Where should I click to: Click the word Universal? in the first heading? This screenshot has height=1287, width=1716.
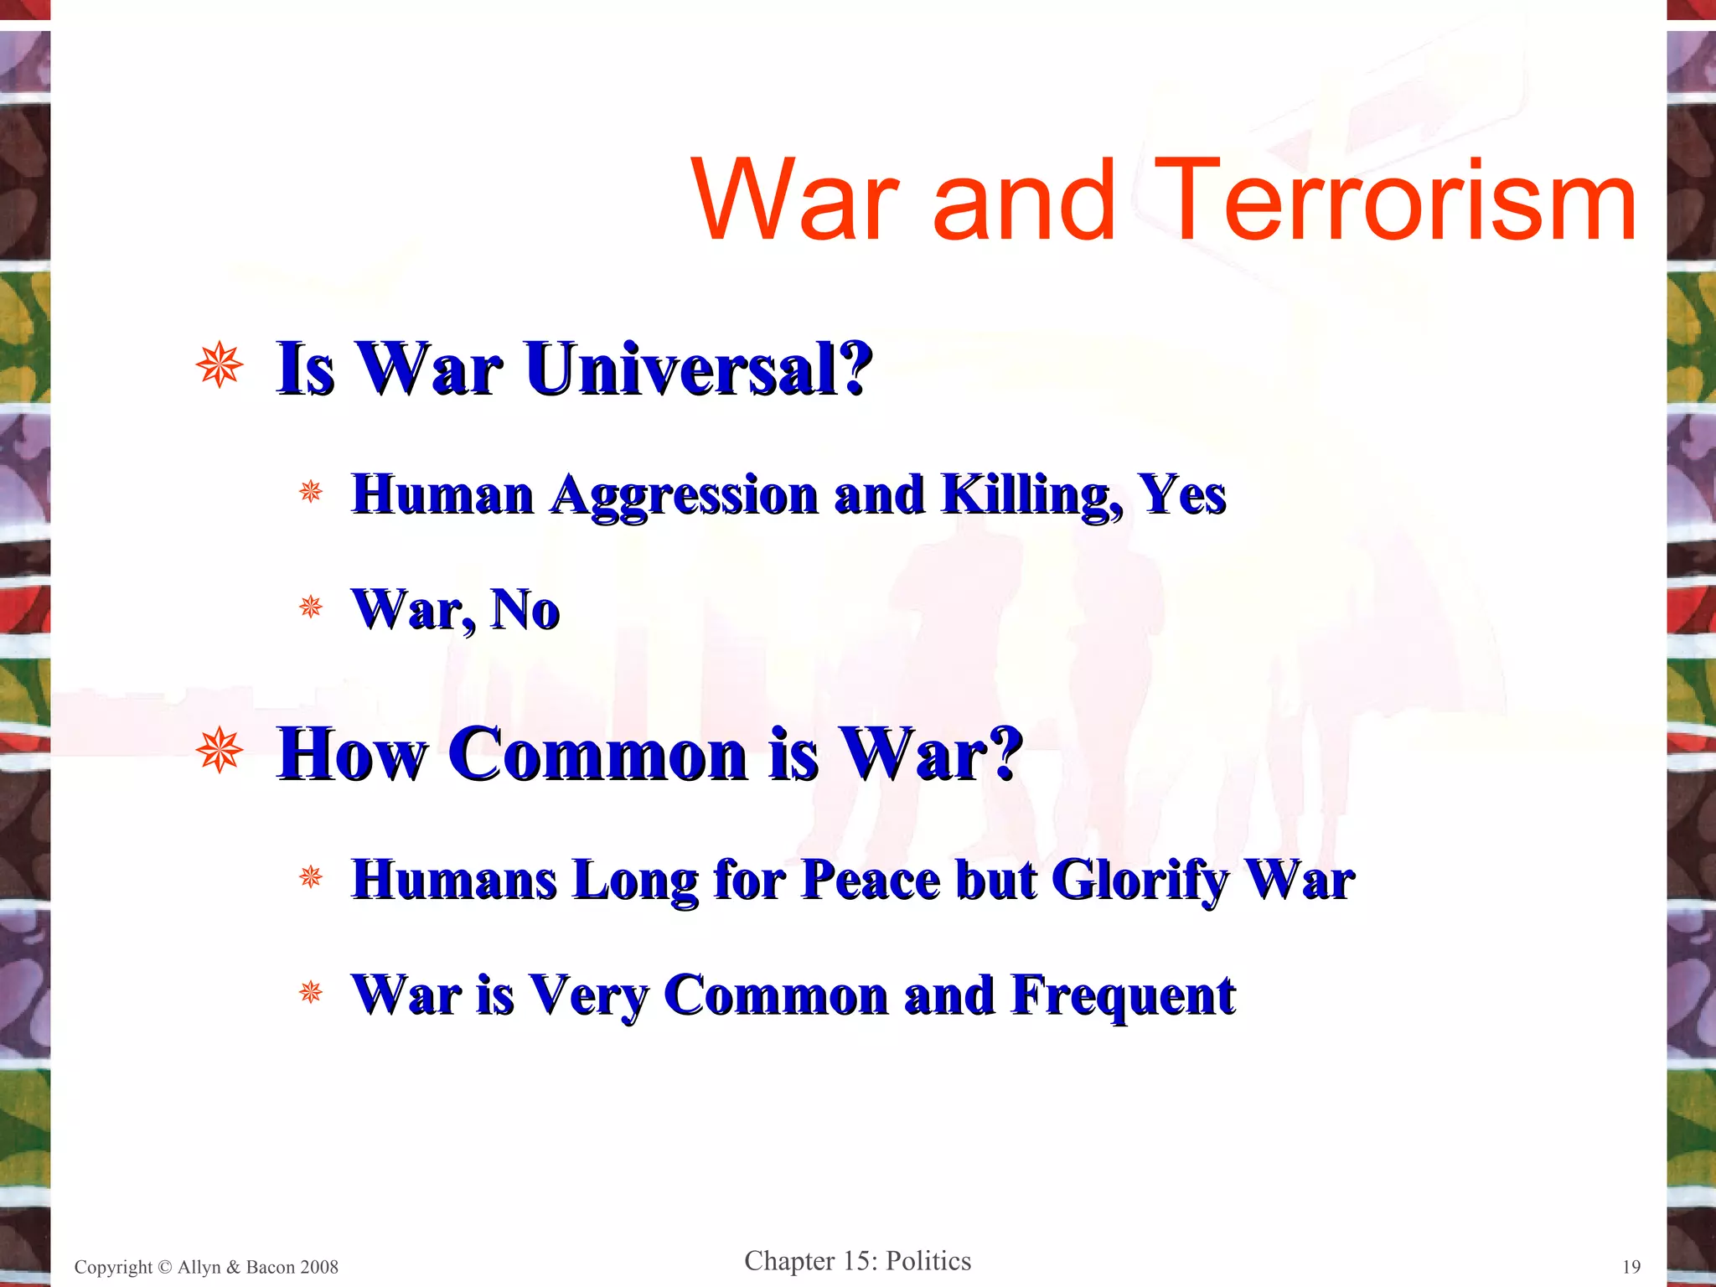pyautogui.click(x=699, y=369)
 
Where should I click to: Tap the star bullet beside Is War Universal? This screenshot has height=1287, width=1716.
pyautogui.click(x=220, y=365)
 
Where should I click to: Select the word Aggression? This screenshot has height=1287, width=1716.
pyautogui.click(x=684, y=494)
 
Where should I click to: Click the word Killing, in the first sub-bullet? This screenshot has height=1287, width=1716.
pyautogui.click(x=1031, y=494)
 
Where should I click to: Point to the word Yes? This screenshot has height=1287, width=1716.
pyautogui.click(x=1181, y=494)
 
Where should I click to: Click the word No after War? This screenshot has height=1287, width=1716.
pyautogui.click(x=525, y=609)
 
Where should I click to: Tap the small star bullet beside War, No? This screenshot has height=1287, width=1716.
pyautogui.click(x=311, y=607)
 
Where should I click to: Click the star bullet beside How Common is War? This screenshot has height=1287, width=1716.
pyautogui.click(x=220, y=750)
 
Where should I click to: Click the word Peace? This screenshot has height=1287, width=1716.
pyautogui.click(x=871, y=880)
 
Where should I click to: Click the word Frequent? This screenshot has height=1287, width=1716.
pyautogui.click(x=1123, y=995)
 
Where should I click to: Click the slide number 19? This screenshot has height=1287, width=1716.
pyautogui.click(x=1631, y=1267)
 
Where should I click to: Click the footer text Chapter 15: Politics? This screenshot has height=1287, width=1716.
pyautogui.click(x=857, y=1261)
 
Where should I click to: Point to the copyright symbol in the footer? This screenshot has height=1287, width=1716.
pyautogui.click(x=165, y=1267)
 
